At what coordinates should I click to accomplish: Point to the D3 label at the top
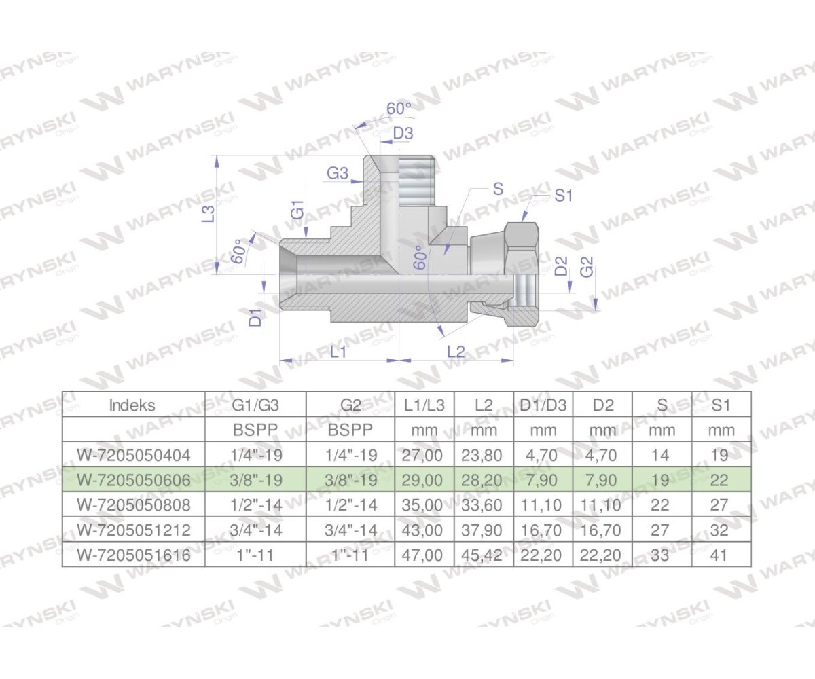click(x=403, y=133)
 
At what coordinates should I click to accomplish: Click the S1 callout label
click(x=564, y=196)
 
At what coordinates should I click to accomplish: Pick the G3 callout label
click(x=338, y=174)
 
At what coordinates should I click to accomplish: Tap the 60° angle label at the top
click(x=399, y=109)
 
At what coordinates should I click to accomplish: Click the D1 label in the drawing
click(x=255, y=316)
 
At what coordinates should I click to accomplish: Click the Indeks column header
click(x=132, y=405)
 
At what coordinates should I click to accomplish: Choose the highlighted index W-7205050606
click(x=133, y=480)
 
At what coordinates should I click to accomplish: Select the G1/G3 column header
click(x=255, y=405)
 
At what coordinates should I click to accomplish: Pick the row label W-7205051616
click(x=133, y=555)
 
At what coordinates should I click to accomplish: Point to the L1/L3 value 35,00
click(x=424, y=505)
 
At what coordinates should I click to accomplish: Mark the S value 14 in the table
click(x=661, y=455)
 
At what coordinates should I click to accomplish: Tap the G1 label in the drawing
click(x=297, y=209)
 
